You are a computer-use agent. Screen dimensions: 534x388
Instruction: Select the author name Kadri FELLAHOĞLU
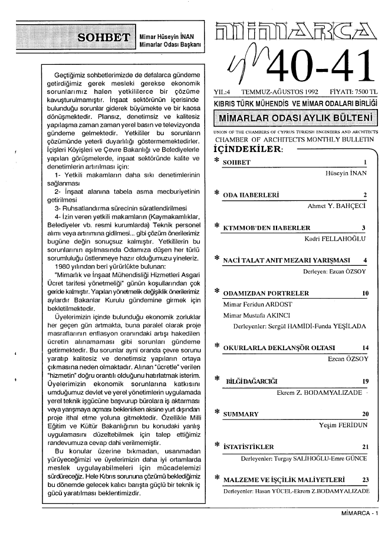[336, 239]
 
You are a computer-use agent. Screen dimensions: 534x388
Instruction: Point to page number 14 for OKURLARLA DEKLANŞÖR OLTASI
[366, 348]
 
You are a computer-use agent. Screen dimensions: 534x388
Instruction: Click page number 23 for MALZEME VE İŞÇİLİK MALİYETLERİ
[366, 480]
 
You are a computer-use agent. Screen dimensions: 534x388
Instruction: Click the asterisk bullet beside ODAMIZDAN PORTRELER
[216, 292]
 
